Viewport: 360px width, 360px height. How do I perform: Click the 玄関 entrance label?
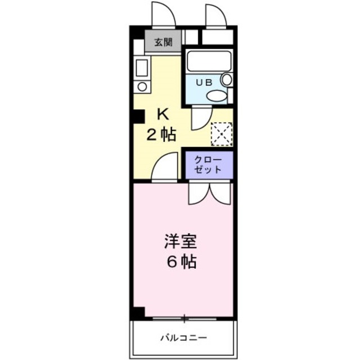pyautogui.click(x=163, y=42)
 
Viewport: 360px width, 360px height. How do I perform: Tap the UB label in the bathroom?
pyautogui.click(x=204, y=83)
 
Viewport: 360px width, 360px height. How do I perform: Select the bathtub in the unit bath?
pyautogui.click(x=209, y=61)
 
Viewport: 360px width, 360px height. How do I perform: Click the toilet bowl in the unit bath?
pyautogui.click(x=217, y=96)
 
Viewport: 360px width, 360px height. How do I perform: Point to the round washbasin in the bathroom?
pyautogui.click(x=227, y=79)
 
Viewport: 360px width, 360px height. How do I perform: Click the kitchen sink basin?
pyautogui.click(x=142, y=68)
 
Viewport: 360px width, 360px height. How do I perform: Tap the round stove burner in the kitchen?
pyautogui.click(x=142, y=87)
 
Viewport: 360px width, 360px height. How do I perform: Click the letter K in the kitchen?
pyautogui.click(x=163, y=114)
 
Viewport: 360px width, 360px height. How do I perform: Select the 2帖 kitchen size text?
pyautogui.click(x=161, y=134)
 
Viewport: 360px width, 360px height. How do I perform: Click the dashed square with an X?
pyautogui.click(x=222, y=134)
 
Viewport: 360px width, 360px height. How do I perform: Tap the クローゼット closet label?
pyautogui.click(x=208, y=165)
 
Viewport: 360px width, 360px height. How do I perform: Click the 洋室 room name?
pyautogui.click(x=181, y=241)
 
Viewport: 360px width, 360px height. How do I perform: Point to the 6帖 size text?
pyautogui.click(x=182, y=262)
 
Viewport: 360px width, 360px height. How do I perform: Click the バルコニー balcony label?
pyautogui.click(x=183, y=337)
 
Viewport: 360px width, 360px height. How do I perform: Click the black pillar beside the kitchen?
pyautogui.click(x=139, y=116)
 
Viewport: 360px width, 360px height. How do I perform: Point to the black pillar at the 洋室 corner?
pyautogui.click(x=139, y=312)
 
